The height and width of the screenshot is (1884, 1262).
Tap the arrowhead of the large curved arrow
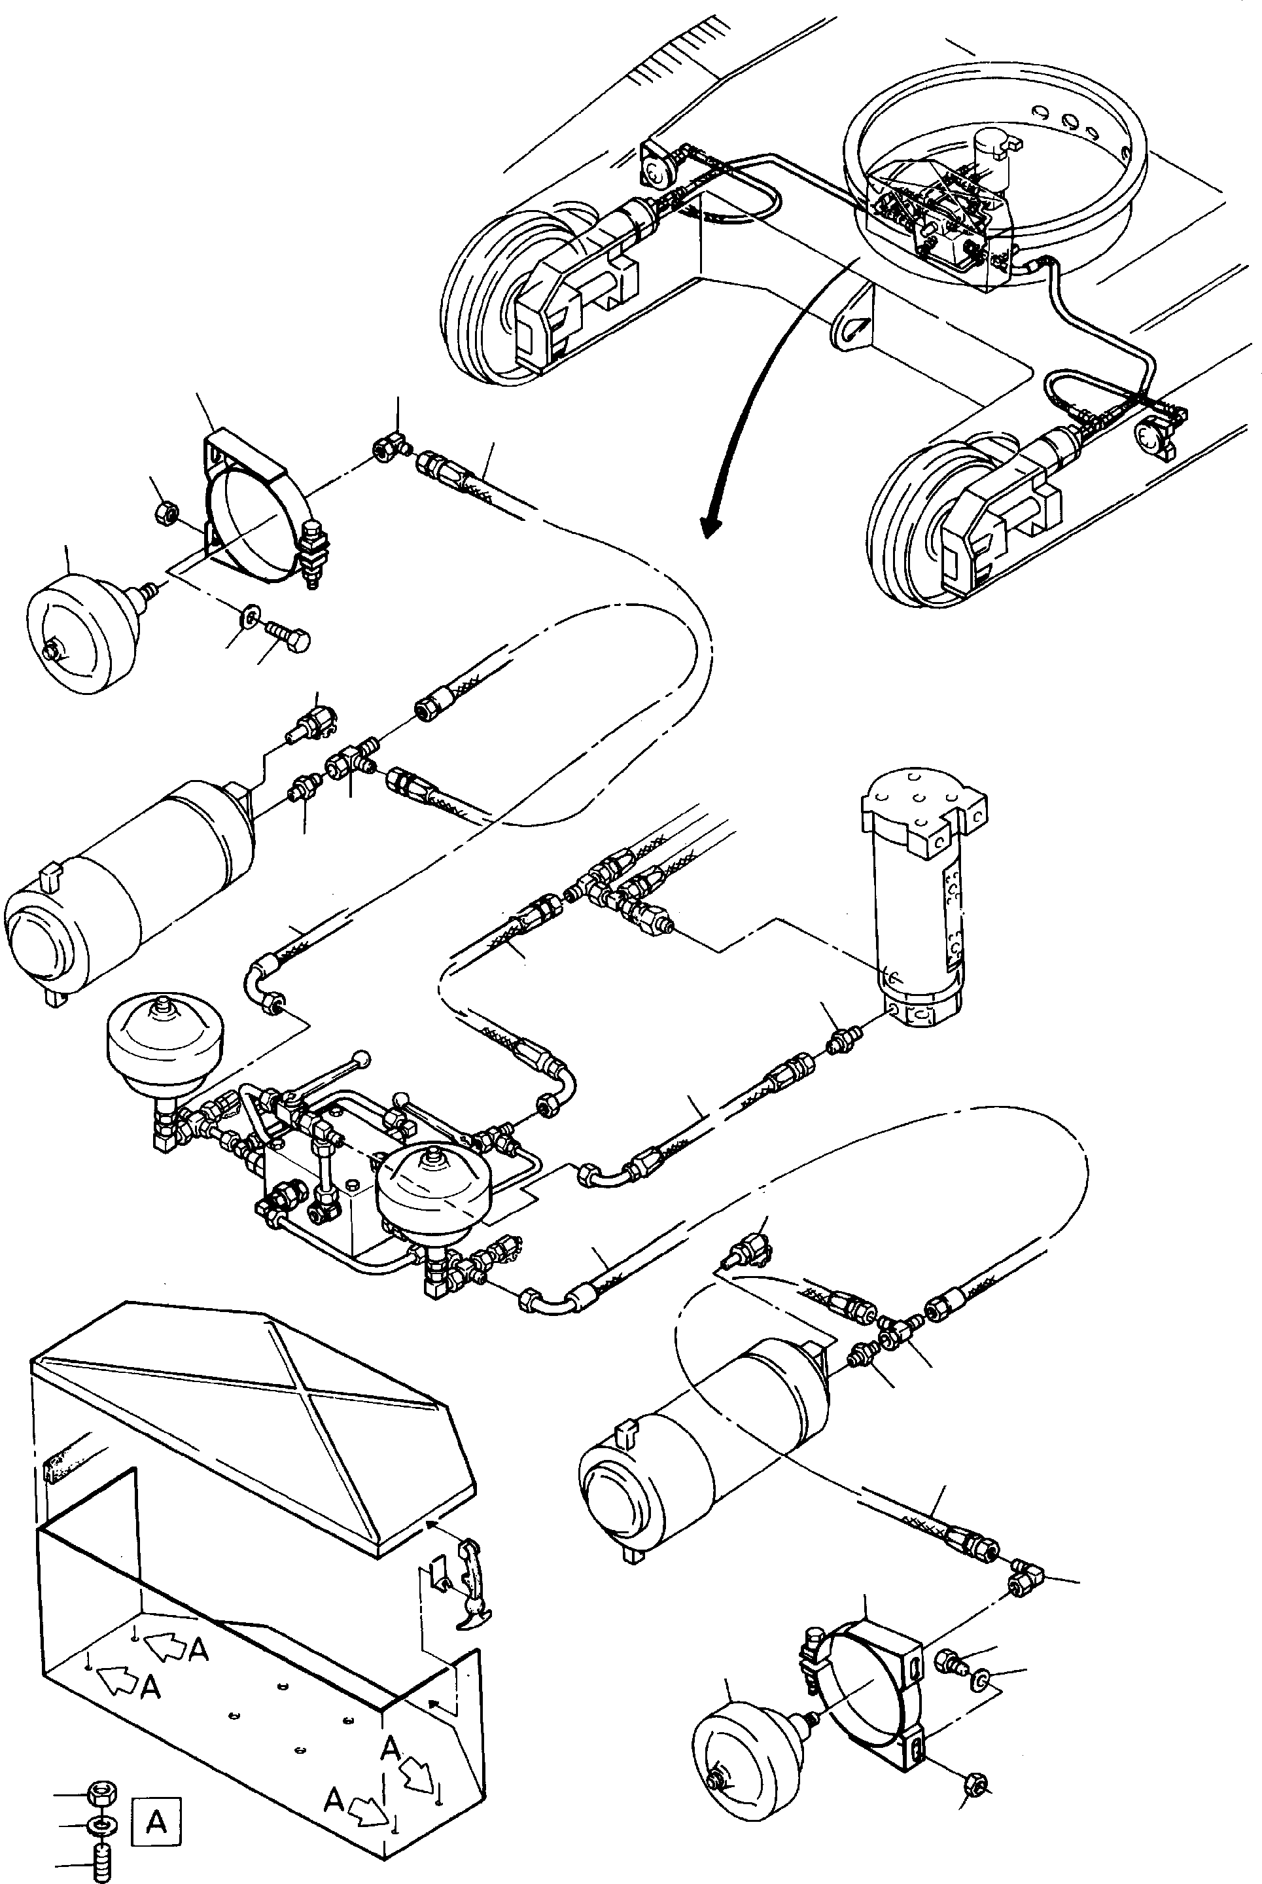coord(710,525)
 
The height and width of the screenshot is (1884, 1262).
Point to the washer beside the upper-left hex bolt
coord(249,616)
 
